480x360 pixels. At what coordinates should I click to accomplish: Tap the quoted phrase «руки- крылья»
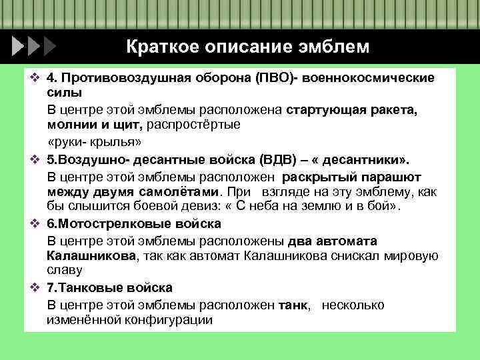95,143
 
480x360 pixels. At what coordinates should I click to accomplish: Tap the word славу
65,271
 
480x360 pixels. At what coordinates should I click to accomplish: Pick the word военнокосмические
371,78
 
